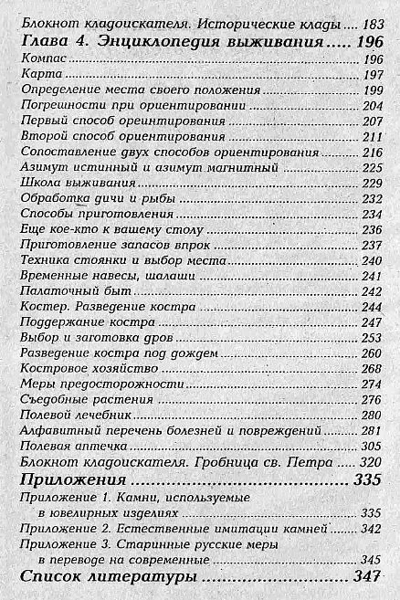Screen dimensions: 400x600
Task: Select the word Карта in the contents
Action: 35,74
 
